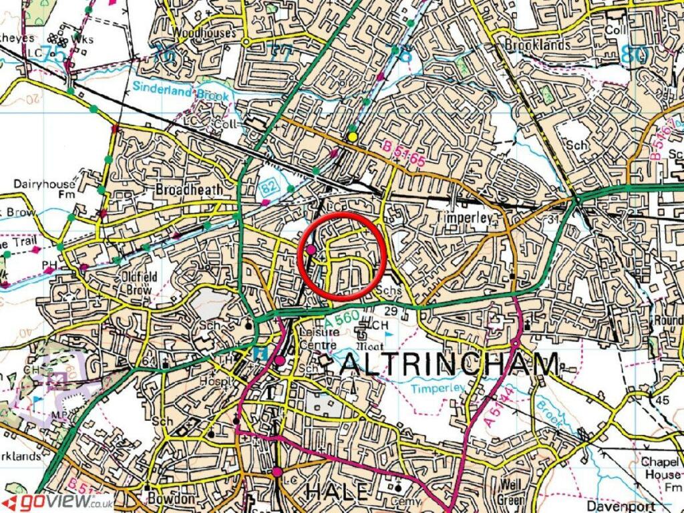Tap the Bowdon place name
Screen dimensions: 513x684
pos(172,499)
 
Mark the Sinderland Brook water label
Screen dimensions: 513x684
pos(180,91)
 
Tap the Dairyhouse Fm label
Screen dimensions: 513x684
pos(45,189)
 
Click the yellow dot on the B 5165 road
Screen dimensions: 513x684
pos(352,137)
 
